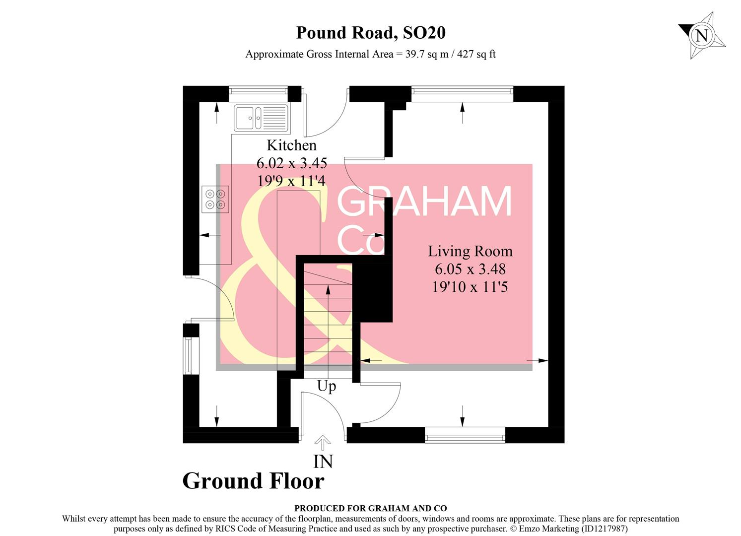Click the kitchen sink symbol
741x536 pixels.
pyautogui.click(x=261, y=118)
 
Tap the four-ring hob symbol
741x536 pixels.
pyautogui.click(x=215, y=199)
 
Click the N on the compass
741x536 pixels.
pyautogui.click(x=701, y=36)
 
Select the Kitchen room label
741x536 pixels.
pyautogui.click(x=291, y=145)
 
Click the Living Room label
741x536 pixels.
pyautogui.click(x=470, y=252)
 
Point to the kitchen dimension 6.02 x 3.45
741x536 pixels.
pyautogui.click(x=291, y=163)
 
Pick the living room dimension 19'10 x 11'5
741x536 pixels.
pyautogui.click(x=470, y=287)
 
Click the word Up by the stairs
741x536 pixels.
pyautogui.click(x=327, y=386)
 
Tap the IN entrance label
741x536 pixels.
pyautogui.click(x=323, y=462)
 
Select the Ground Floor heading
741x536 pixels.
pyautogui.click(x=253, y=481)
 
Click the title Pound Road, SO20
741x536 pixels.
pyautogui.click(x=371, y=33)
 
